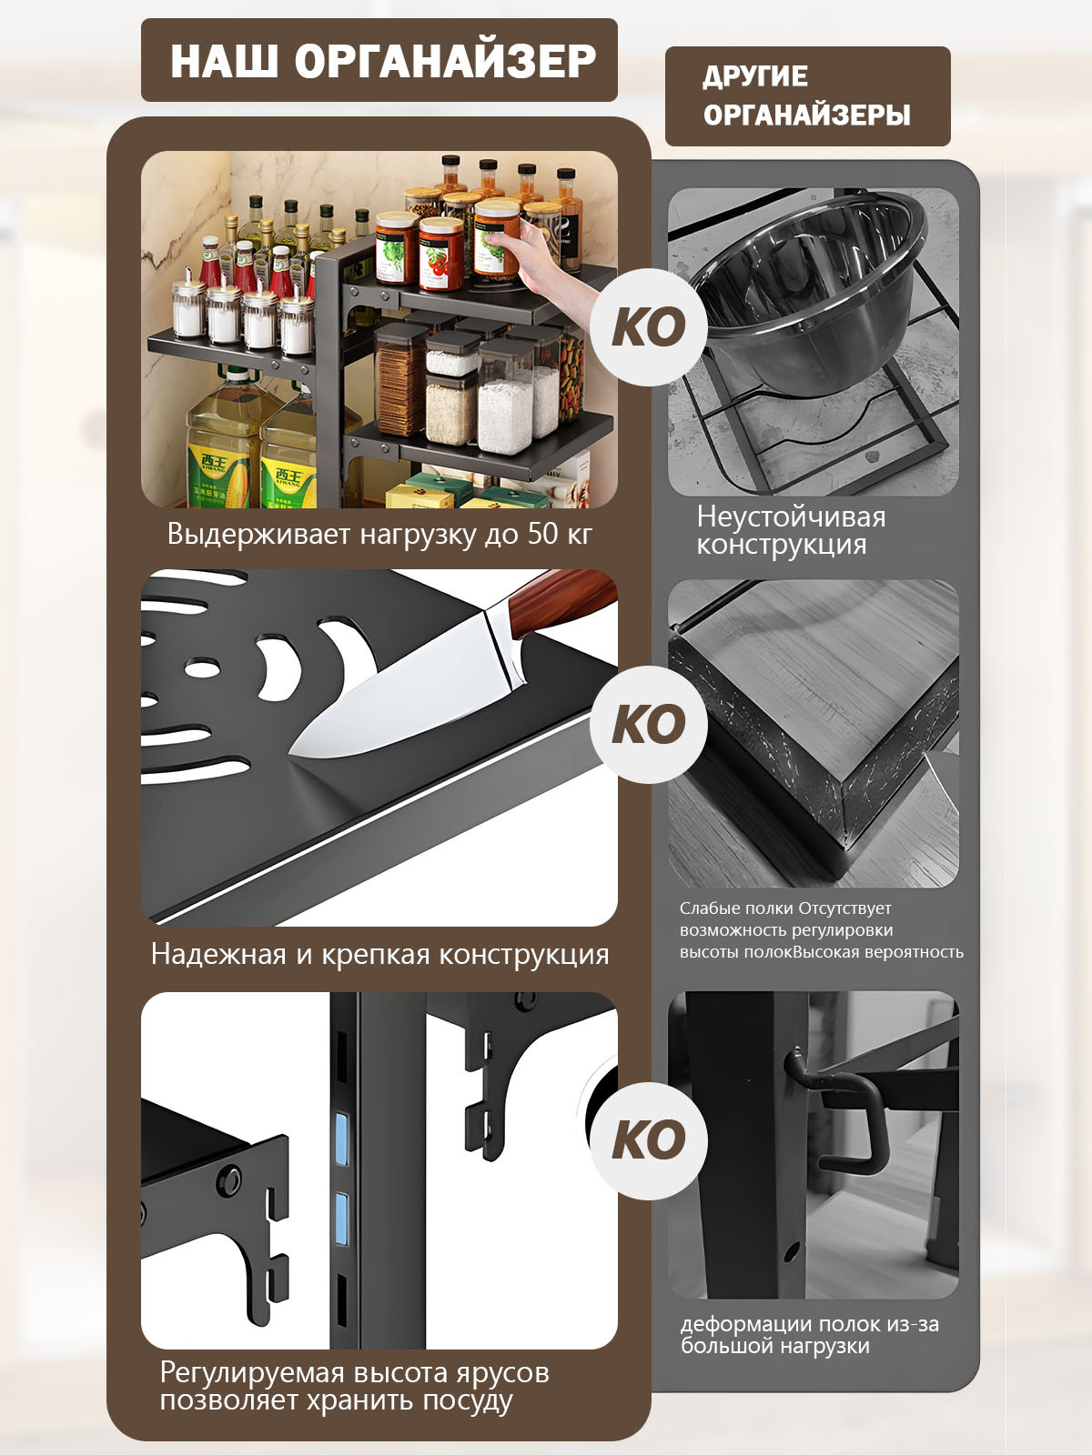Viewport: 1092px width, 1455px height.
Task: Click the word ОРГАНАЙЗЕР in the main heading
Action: (x=446, y=62)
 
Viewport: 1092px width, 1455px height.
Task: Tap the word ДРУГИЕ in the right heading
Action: (x=755, y=76)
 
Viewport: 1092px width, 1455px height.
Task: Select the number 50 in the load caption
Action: (x=543, y=533)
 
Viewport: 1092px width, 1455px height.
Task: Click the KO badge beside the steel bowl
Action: (x=649, y=326)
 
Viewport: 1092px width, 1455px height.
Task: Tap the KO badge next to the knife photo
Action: (x=649, y=725)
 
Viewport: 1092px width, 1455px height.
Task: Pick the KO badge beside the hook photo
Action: (x=649, y=1140)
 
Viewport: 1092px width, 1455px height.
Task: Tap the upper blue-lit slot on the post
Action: (x=341, y=1139)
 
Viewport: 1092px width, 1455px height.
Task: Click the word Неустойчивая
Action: (x=791, y=517)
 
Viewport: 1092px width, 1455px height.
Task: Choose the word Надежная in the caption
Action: (x=218, y=954)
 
